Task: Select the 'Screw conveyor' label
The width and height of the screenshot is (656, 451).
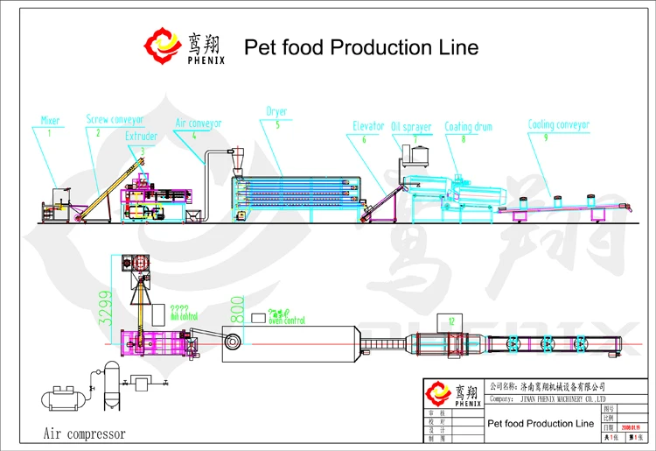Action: [115, 118]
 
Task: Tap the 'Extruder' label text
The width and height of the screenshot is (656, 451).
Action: [142, 137]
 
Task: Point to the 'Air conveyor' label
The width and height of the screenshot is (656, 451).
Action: [199, 123]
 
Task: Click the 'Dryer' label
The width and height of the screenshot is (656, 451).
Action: [276, 112]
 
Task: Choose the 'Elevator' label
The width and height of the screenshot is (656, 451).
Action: [368, 127]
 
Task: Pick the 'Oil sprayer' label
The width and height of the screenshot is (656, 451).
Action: [411, 127]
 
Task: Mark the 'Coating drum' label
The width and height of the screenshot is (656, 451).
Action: [469, 127]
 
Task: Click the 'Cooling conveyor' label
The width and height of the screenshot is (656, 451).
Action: [559, 124]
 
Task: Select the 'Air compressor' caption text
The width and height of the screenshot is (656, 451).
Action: [84, 433]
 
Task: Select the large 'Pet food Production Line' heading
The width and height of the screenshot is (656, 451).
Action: [360, 47]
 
